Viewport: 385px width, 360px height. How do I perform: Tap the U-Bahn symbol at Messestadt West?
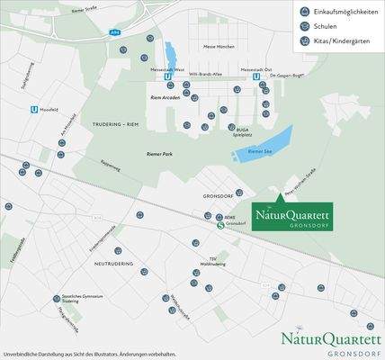coord(168,76)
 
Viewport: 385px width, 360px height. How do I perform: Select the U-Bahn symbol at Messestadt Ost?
coord(256,76)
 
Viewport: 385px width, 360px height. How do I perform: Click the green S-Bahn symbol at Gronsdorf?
coord(220,226)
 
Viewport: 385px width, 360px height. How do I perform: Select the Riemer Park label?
coord(159,154)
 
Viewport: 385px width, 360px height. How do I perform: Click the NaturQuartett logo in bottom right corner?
coord(332,341)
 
